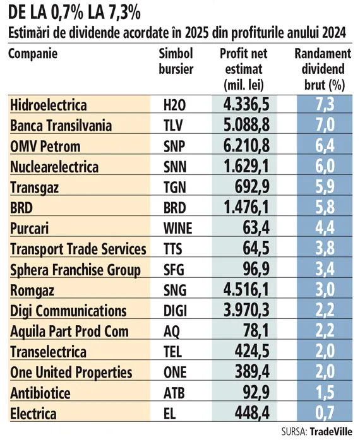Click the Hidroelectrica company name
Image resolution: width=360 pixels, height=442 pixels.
point(49,105)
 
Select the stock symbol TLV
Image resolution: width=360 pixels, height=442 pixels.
point(173,126)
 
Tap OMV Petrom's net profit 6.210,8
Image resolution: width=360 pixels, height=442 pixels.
point(246,145)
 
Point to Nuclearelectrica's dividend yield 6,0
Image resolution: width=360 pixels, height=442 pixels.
point(325,166)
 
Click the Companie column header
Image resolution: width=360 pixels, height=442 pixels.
point(33,54)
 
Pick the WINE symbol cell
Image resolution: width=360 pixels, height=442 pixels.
point(178,228)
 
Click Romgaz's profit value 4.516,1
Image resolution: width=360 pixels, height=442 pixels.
point(246,289)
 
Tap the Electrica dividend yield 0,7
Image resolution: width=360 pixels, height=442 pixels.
point(325,413)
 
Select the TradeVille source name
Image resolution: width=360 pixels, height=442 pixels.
point(331,431)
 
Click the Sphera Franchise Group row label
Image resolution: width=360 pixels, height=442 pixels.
point(75,270)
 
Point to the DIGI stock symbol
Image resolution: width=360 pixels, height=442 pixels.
point(175,311)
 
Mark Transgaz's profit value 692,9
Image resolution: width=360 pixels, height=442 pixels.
point(252,187)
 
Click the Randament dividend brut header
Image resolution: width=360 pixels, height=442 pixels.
point(323,69)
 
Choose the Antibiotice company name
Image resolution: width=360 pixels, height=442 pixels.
point(40,393)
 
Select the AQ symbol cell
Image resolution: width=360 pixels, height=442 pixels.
point(172,331)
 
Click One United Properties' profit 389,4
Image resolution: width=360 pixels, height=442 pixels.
point(252,372)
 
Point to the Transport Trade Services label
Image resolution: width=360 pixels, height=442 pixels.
point(78,249)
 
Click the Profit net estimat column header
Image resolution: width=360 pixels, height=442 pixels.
point(244,69)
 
